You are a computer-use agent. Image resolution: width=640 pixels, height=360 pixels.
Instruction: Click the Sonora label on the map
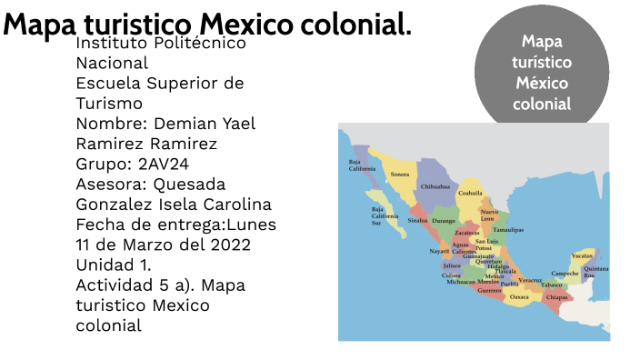[x=399, y=174]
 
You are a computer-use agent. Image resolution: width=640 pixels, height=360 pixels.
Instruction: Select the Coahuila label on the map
[x=470, y=193]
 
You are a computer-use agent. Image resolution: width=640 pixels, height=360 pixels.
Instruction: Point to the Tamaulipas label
[x=508, y=230]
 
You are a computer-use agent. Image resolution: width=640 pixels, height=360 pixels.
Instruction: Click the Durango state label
[x=444, y=220]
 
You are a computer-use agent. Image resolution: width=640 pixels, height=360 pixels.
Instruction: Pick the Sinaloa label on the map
[x=418, y=220]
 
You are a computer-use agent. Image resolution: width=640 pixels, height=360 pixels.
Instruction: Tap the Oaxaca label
[x=519, y=297]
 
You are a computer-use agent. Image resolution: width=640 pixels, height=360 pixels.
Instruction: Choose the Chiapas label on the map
[x=557, y=297]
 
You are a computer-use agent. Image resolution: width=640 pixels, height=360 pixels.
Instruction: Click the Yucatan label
[x=582, y=255]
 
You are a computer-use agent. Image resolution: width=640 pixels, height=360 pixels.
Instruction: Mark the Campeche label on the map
[x=565, y=273]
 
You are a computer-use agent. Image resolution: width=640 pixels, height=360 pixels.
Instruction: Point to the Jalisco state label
[x=452, y=265]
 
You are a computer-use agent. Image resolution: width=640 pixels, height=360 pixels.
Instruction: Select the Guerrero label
[x=489, y=291]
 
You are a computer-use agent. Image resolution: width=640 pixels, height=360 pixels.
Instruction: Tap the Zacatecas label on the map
[x=466, y=233]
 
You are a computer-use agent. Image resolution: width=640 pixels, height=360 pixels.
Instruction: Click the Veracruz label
[x=531, y=281]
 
